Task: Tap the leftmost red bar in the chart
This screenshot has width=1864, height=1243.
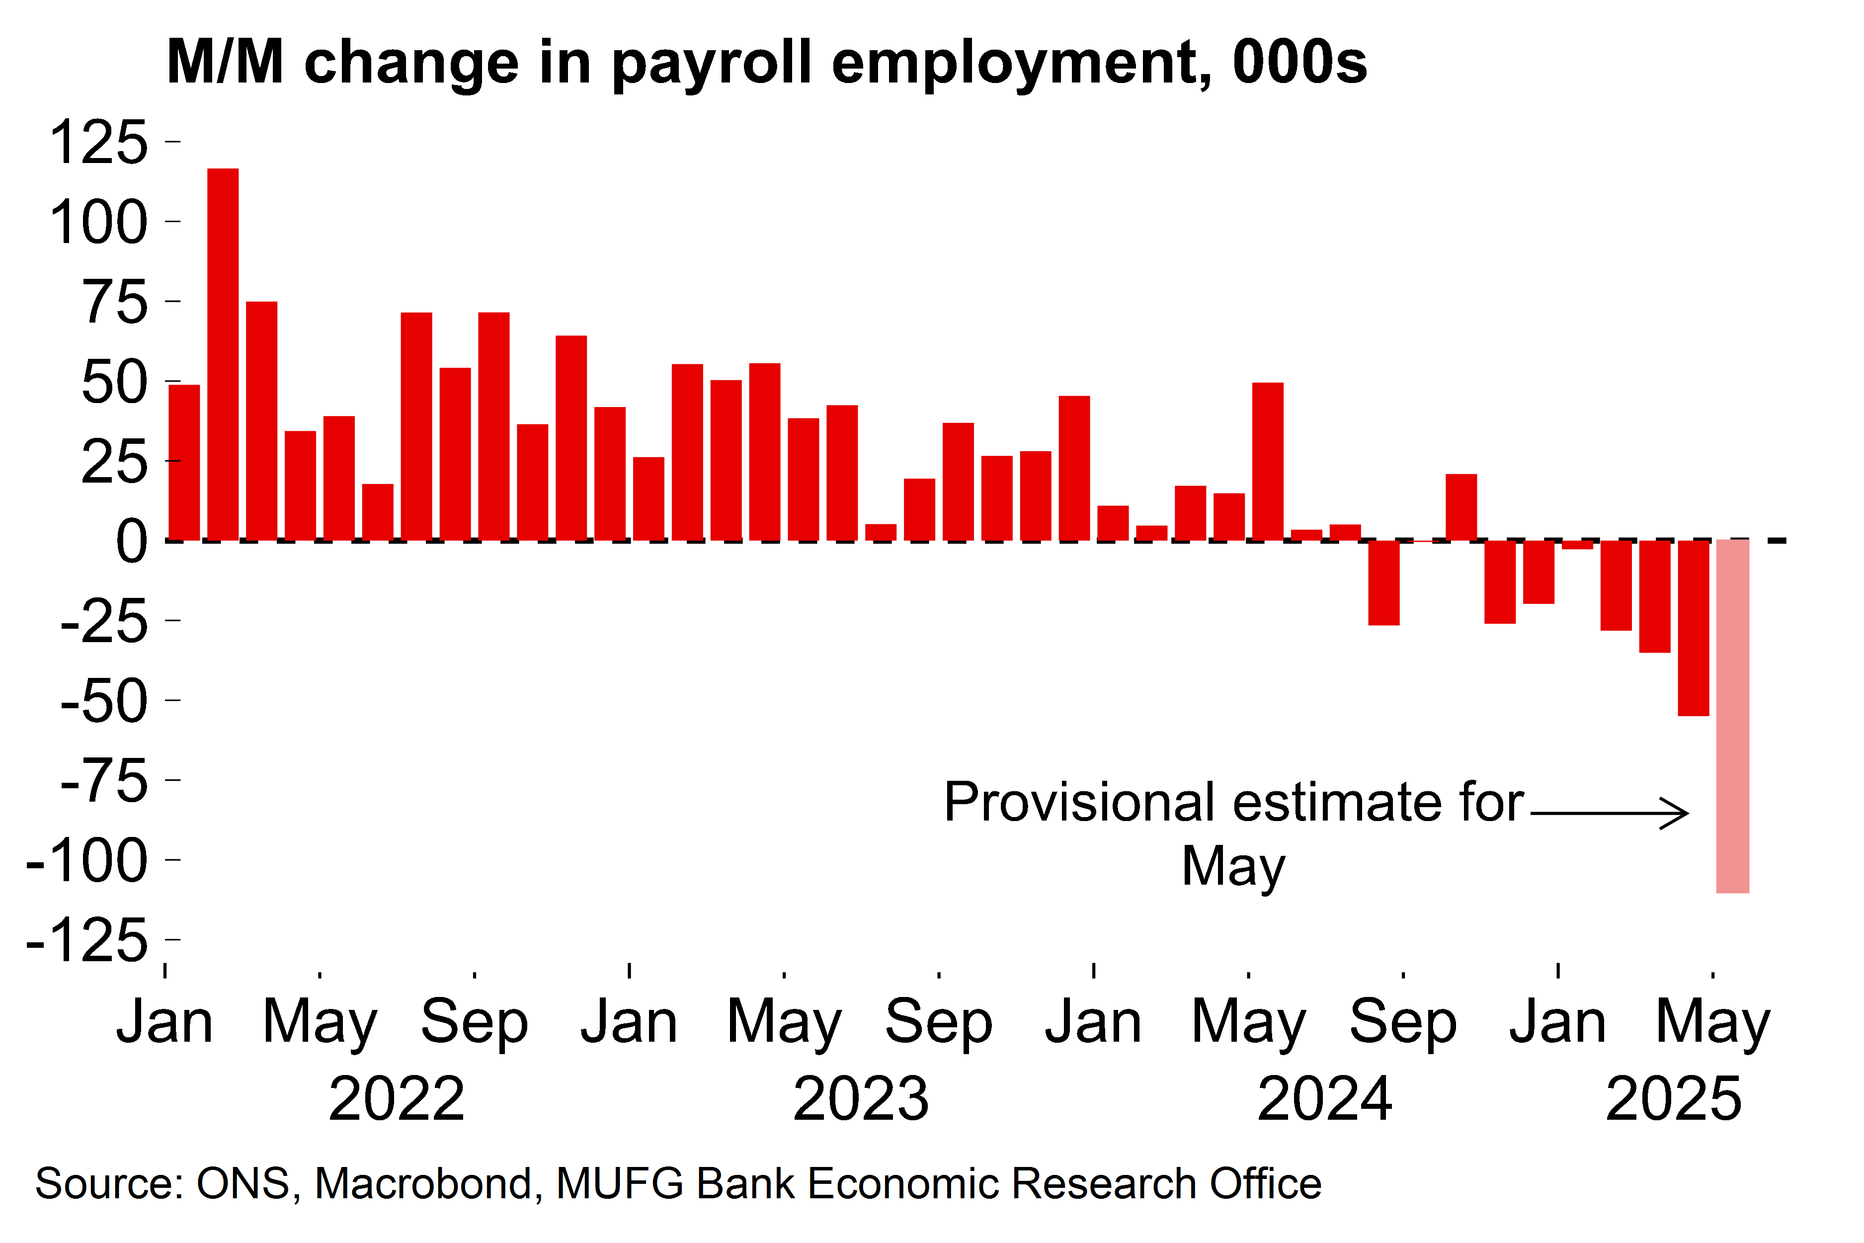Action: point(184,462)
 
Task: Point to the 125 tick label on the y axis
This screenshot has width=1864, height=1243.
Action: point(98,143)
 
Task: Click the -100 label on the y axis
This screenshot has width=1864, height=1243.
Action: point(87,861)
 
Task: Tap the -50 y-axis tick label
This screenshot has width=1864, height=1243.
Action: point(104,702)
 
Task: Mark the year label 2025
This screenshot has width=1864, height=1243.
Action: point(1674,1099)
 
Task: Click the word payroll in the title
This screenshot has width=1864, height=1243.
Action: point(712,64)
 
